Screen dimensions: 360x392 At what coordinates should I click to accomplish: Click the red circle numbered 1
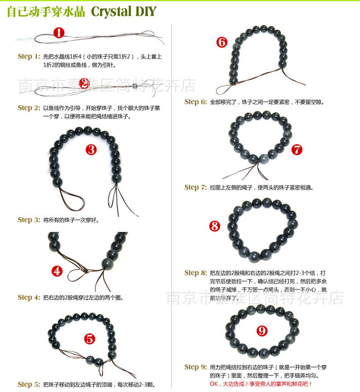[59, 33]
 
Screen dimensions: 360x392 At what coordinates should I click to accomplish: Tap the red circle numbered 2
[84, 83]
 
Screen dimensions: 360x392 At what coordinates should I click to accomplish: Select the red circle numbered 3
[91, 150]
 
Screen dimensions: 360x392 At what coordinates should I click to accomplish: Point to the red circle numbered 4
[57, 271]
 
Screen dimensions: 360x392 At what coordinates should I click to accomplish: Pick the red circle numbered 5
[90, 339]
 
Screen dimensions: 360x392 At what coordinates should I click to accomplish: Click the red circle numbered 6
[222, 42]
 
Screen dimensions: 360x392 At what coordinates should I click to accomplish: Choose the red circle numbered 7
[297, 150]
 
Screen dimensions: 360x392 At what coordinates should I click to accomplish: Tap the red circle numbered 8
[215, 226]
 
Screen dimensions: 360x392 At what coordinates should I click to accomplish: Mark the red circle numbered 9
[262, 331]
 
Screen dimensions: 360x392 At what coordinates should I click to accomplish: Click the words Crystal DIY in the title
[123, 12]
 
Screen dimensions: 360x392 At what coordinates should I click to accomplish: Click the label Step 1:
[29, 57]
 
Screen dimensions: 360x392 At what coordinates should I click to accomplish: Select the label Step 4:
[29, 297]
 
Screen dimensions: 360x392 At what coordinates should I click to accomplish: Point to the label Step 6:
[196, 102]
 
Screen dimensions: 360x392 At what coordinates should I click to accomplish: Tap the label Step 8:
[196, 273]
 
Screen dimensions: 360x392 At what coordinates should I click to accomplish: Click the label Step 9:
[196, 367]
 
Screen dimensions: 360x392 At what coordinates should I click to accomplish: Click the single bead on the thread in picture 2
[135, 86]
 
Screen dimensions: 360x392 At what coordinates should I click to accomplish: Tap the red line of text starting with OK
[261, 384]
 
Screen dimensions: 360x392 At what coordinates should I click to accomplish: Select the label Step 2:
[29, 108]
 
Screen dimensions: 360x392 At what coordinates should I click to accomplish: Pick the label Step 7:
[196, 187]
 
